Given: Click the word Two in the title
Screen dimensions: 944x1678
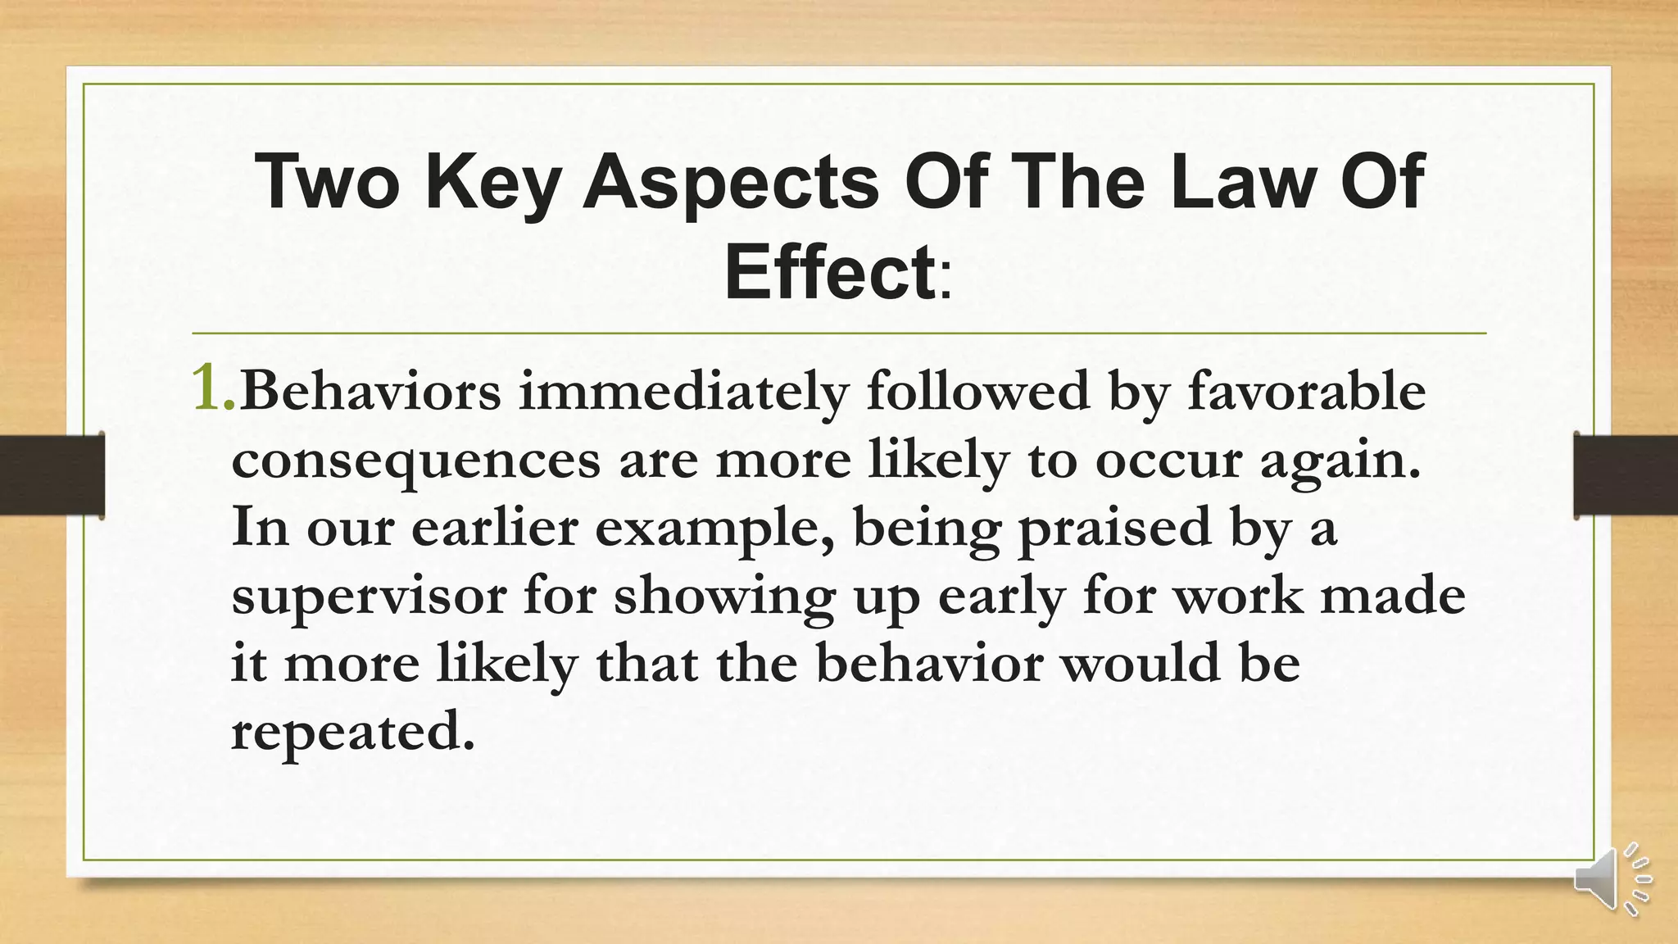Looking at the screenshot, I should coord(327,182).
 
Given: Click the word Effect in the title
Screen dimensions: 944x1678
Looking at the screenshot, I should coord(828,272).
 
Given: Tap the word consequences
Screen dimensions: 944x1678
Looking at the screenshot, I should coord(416,461).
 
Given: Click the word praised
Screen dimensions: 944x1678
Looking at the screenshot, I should coord(1114,529).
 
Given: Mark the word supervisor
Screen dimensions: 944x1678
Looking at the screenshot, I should coord(369,597).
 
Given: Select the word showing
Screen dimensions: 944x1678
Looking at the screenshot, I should coord(724,597).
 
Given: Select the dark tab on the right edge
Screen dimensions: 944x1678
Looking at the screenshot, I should coord(1626,475).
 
